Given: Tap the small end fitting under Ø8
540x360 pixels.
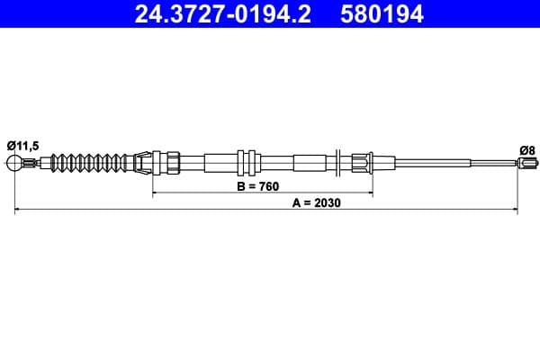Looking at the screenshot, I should click(524, 163).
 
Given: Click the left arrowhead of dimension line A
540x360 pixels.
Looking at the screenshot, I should click(19, 210).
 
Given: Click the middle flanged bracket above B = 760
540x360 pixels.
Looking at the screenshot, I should click(247, 163).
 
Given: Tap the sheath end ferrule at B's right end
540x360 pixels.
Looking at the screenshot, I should click(361, 163).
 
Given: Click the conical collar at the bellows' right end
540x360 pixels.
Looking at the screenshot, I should click(141, 163).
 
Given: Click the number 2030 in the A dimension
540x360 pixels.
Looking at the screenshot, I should click(330, 202).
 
